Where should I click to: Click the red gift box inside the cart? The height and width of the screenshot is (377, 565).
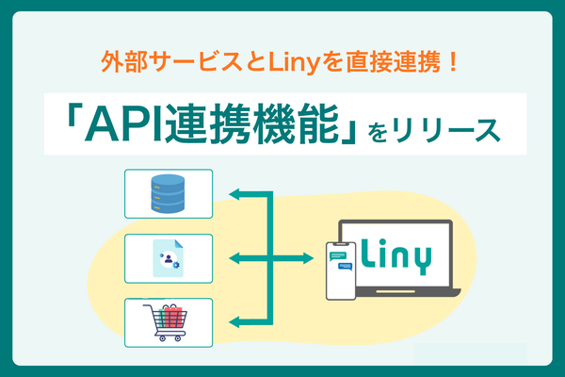[x=170, y=314]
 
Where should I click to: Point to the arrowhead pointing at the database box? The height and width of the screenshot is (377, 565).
[x=235, y=194]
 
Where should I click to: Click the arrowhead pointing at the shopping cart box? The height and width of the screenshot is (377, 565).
[x=235, y=322]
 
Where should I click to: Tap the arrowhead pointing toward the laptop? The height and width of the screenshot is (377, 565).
[x=308, y=257]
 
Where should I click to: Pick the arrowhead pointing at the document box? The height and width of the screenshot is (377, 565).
[x=235, y=257]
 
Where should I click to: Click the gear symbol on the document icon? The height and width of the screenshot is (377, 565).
[x=177, y=265]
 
